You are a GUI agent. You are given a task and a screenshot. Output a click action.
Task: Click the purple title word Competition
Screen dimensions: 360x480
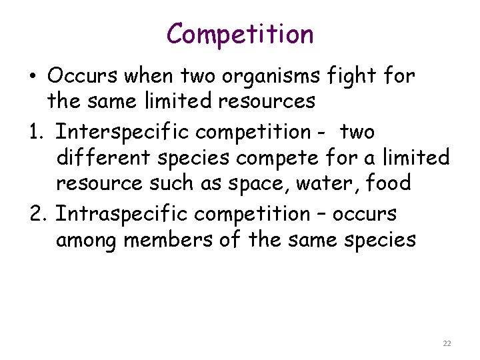240,34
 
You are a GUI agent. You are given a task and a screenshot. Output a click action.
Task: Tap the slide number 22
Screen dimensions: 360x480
447,343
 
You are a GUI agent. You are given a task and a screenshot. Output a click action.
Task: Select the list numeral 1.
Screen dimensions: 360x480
37,132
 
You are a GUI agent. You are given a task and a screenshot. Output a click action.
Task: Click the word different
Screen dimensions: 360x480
101,158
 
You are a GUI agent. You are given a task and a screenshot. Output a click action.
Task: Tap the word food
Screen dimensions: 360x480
389,184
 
